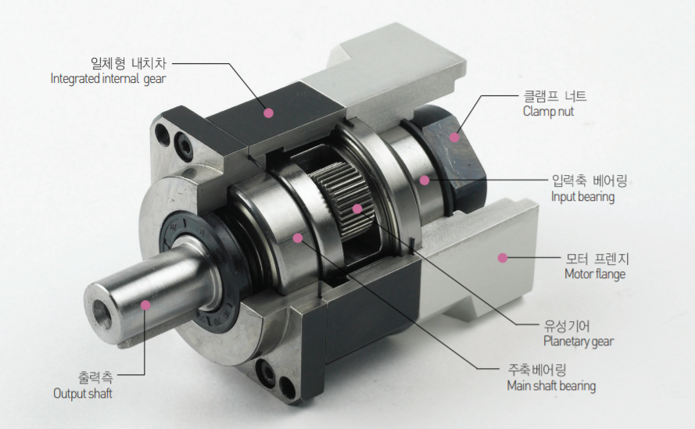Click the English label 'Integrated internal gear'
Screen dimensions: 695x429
(x=108, y=79)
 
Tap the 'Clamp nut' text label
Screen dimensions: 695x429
(x=548, y=111)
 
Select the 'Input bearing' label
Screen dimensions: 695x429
(x=583, y=197)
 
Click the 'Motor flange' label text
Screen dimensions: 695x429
(x=595, y=273)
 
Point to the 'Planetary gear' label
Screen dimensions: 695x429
(x=579, y=341)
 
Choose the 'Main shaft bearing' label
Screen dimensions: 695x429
(x=551, y=385)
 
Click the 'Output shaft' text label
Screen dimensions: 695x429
(x=82, y=393)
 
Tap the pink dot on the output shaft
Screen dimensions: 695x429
(x=145, y=305)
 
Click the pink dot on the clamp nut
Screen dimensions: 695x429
(x=454, y=137)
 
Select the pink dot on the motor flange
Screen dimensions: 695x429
(x=502, y=258)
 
